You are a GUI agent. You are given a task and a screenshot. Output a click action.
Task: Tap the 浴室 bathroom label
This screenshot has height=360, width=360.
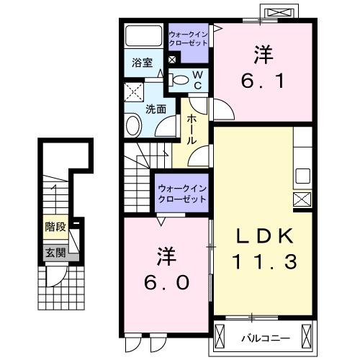coord(141,63)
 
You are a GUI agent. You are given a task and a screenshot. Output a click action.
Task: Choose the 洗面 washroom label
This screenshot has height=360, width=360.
coord(156,109)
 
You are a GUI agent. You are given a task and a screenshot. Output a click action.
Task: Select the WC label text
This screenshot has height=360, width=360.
coord(197,79)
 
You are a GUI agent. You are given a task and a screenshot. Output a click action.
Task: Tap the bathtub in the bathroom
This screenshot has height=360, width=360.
coord(143,37)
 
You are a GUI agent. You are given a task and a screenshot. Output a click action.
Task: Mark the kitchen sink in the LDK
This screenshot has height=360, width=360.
coord(302,176)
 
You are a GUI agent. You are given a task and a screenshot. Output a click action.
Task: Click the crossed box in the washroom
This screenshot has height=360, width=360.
coord(133,92)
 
